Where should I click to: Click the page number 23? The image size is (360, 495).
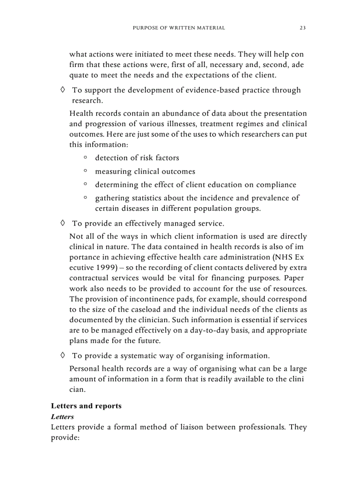click(303, 28)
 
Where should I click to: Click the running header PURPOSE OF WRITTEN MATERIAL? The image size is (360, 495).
click(179, 28)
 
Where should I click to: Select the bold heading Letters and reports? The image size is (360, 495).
click(86, 406)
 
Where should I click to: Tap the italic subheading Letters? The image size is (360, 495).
click(62, 416)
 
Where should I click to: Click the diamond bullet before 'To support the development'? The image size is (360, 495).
click(63, 90)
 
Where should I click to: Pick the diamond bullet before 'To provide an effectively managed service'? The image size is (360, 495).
click(63, 223)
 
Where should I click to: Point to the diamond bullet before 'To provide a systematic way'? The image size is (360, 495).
click(63, 355)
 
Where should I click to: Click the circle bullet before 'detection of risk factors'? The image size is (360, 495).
click(85, 157)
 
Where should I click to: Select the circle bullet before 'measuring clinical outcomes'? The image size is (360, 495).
click(85, 171)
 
